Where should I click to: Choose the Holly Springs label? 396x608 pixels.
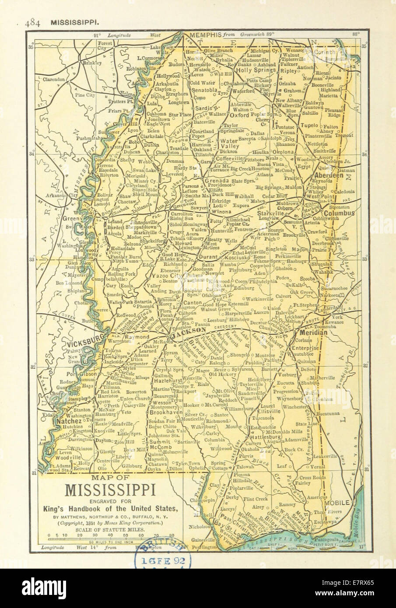[256, 70]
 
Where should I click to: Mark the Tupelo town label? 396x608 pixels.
[309, 125]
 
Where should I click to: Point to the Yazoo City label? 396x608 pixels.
[166, 277]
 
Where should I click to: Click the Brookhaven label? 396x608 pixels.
[165, 412]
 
